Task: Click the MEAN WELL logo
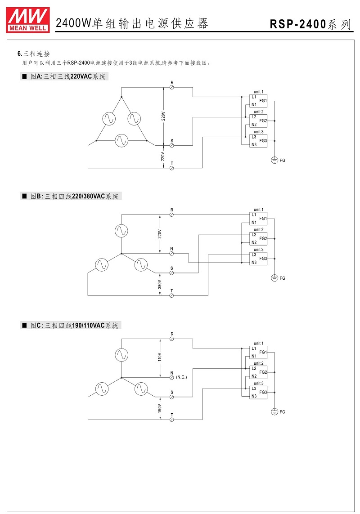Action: [28, 20]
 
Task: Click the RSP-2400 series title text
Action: [310, 24]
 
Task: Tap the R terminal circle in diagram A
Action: [171, 88]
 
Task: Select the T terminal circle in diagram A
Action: [171, 168]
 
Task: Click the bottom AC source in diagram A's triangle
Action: [121, 141]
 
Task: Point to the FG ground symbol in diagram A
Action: [274, 160]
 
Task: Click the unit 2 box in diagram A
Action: [259, 121]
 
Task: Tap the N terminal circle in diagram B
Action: [171, 253]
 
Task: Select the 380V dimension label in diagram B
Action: [160, 284]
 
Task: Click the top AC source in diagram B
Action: [121, 231]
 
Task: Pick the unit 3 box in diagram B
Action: [259, 259]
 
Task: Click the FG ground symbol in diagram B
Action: [274, 278]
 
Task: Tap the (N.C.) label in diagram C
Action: [181, 377]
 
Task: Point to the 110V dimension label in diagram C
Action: [160, 357]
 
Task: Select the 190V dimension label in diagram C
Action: [160, 408]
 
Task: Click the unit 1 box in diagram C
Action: [259, 353]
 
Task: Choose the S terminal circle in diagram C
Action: [171, 397]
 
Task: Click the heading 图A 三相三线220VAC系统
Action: [68, 76]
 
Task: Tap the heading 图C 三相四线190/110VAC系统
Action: [74, 326]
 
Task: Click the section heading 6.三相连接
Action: [33, 54]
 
